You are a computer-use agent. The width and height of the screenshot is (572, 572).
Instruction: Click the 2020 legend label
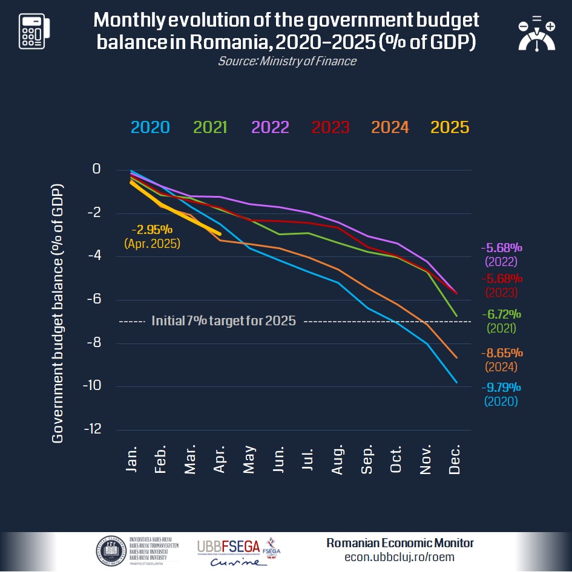click(150, 127)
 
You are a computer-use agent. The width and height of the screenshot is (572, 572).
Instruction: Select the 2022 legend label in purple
click(270, 127)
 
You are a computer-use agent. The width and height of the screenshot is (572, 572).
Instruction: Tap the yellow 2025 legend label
click(450, 127)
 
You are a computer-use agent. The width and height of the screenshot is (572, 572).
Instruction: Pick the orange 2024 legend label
click(390, 127)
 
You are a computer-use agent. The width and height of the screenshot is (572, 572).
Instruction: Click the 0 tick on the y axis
click(96, 169)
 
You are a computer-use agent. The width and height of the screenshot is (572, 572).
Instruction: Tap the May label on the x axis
click(248, 461)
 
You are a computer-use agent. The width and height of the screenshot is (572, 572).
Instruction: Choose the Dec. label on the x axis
click(455, 461)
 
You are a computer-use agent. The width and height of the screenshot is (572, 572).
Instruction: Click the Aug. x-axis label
click(337, 461)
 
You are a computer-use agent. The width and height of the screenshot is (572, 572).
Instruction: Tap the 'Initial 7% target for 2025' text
click(223, 321)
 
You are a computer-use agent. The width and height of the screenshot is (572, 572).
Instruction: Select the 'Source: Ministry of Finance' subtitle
click(287, 61)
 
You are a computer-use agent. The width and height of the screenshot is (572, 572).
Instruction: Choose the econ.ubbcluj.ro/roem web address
click(399, 557)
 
